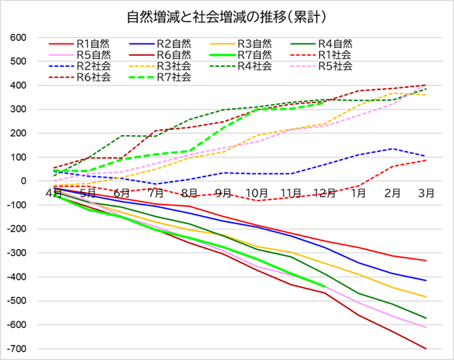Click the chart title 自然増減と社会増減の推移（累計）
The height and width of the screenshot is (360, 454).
coord(227,16)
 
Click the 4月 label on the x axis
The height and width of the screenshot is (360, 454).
coord(53,193)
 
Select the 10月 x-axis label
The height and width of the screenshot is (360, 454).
coord(257,193)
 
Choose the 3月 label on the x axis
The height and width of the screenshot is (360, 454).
coord(427,193)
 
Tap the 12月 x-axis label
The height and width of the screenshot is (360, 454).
coord(326,193)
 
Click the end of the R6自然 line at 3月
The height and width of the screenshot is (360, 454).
coord(426,349)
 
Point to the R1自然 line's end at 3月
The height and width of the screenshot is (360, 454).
coord(426,261)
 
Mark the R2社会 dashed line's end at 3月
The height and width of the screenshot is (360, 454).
coord(426,156)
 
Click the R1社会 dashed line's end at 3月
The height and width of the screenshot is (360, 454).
coord(426,160)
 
